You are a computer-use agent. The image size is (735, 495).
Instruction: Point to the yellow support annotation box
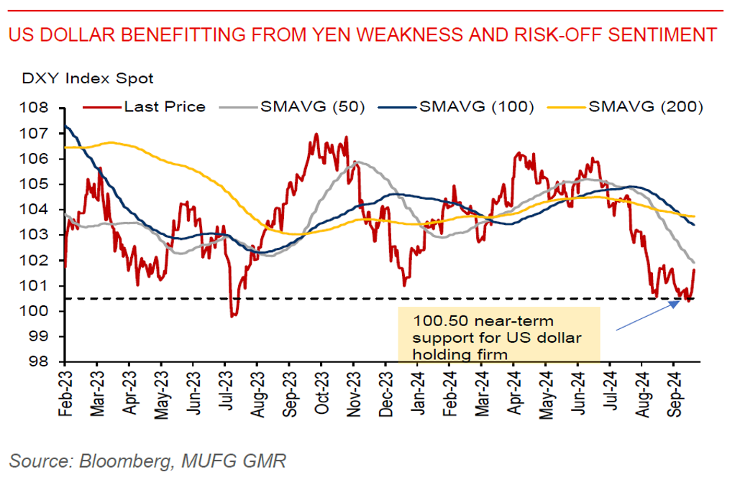(x=498, y=334)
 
